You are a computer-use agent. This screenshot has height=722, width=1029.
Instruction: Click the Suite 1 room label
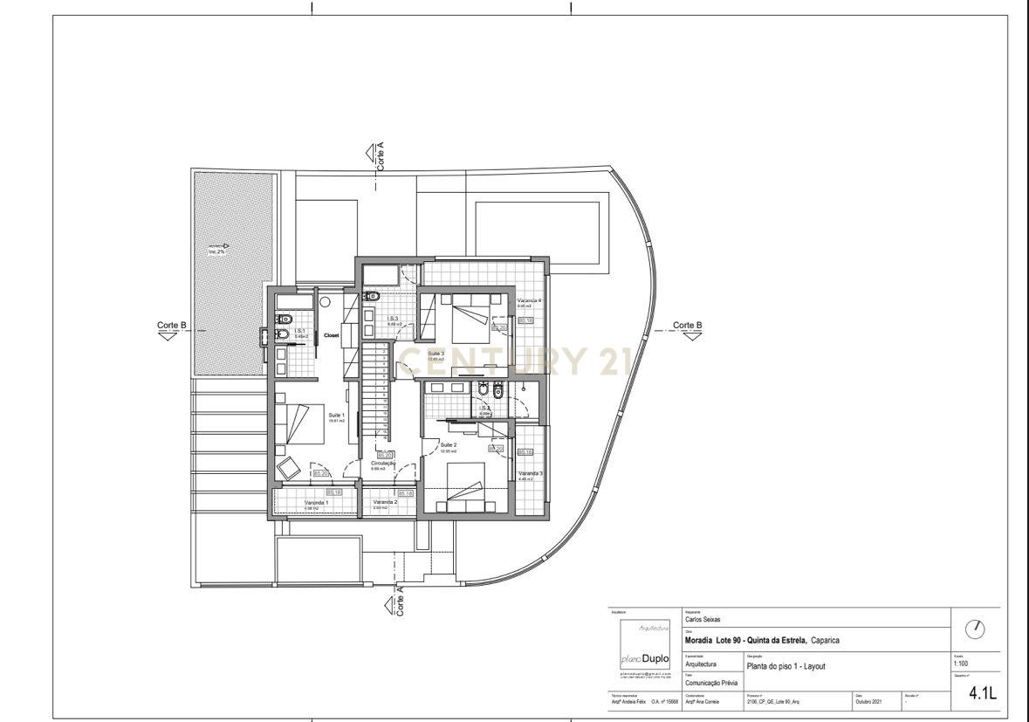tap(336, 415)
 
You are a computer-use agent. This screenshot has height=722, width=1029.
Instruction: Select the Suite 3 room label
tap(436, 353)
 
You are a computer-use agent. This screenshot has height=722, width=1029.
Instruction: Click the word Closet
tap(332, 335)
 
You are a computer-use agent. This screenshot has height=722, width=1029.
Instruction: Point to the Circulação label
tap(383, 464)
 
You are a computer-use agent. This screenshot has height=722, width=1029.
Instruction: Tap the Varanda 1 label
tap(316, 503)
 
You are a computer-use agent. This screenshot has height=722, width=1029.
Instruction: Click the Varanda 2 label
tap(385, 502)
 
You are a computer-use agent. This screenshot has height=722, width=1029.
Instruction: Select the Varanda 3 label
tap(531, 474)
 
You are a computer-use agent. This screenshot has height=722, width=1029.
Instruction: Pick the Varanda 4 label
tap(529, 300)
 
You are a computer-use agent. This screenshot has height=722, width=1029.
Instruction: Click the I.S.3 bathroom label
tap(393, 319)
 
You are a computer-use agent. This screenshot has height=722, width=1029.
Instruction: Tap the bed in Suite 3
tap(467, 318)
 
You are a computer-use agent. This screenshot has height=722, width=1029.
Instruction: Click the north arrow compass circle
tap(977, 629)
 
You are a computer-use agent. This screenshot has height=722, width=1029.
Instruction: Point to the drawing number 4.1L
tap(982, 694)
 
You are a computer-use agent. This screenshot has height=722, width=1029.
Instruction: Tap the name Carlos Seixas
tap(703, 620)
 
